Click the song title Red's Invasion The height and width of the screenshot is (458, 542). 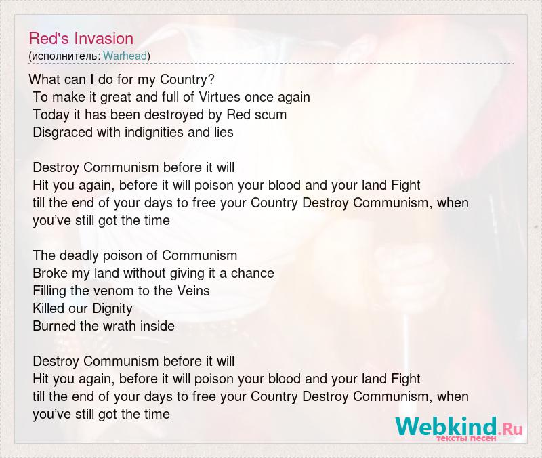pos(81,39)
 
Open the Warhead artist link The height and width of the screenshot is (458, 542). pos(125,56)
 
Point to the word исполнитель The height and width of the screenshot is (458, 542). pos(66,56)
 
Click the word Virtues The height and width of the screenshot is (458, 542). pos(220,97)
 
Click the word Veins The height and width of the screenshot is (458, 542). pos(194,291)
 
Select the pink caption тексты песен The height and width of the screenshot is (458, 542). pos(466,438)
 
